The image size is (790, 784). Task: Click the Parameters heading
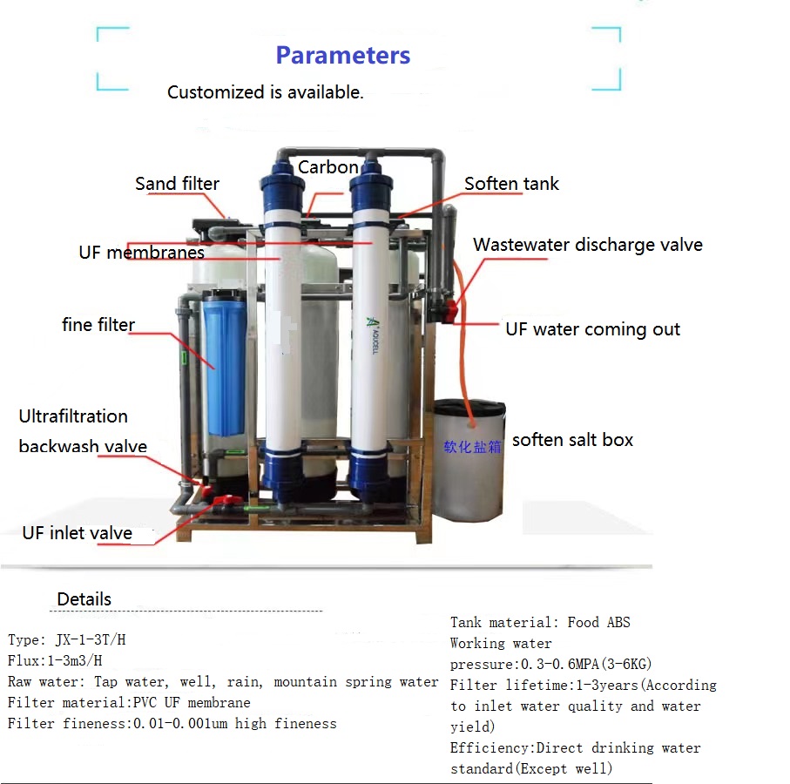(x=342, y=56)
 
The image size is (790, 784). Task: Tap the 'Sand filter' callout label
(x=177, y=184)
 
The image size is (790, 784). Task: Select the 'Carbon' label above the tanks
(x=327, y=167)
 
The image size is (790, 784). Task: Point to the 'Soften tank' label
(x=511, y=184)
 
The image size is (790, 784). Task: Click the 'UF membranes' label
(x=141, y=253)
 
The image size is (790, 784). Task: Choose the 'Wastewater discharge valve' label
(x=587, y=245)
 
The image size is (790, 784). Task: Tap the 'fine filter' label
(x=98, y=325)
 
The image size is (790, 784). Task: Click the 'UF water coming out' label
(x=592, y=329)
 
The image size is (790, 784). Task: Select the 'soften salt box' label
(x=572, y=440)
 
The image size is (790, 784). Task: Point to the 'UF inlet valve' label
(x=78, y=533)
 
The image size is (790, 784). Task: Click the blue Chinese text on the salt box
(x=473, y=446)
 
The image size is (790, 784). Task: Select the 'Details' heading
(x=84, y=599)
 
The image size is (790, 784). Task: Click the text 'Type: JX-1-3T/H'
(x=67, y=640)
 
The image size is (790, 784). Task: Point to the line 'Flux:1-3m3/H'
(x=55, y=661)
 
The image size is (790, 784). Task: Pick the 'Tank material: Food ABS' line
(x=540, y=623)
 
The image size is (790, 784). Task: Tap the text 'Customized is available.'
(x=266, y=92)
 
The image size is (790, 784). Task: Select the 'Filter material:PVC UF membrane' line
(x=129, y=703)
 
